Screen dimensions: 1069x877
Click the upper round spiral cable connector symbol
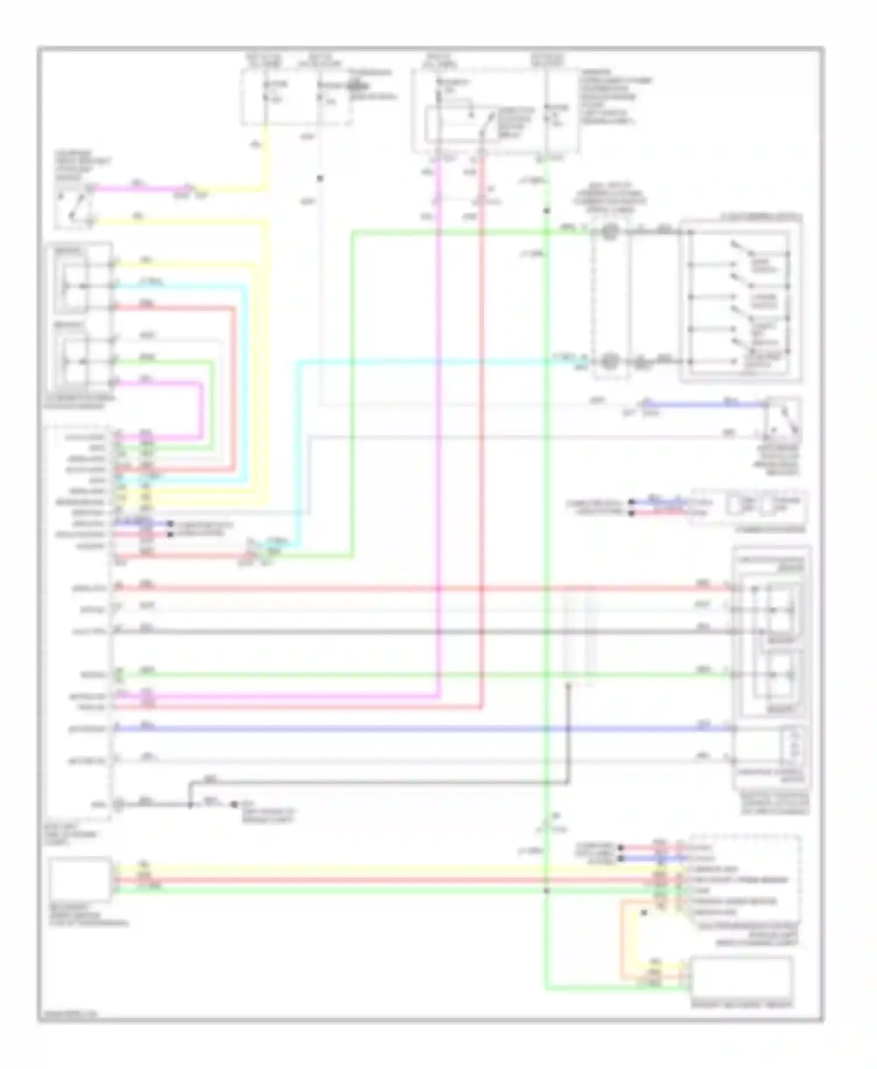(610, 232)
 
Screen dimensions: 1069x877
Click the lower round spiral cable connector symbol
(610, 361)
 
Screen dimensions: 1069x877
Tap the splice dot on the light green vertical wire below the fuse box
(546, 211)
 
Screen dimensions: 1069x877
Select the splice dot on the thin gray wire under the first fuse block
(320, 178)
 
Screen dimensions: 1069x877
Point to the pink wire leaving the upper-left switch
(140, 189)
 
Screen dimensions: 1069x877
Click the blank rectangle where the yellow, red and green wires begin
(80, 878)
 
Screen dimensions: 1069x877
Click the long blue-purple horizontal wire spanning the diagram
(409, 729)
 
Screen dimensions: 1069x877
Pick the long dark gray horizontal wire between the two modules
(409, 632)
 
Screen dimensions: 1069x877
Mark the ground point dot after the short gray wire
(234, 805)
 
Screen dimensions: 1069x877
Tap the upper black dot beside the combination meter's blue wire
(631, 502)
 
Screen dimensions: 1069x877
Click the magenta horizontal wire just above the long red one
(281, 696)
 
